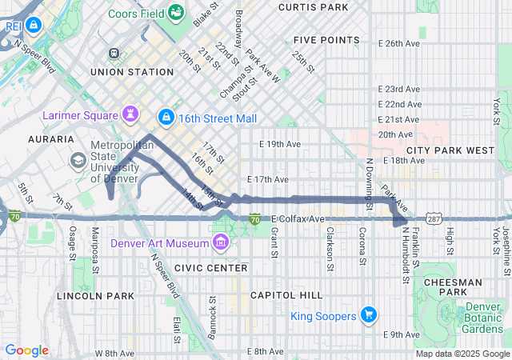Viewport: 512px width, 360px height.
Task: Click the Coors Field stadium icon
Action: tap(177, 14)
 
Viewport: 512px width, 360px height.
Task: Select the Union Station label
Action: tap(132, 72)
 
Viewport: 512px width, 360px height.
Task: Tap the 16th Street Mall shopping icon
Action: tap(166, 118)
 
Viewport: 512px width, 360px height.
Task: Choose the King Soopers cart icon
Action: tap(368, 314)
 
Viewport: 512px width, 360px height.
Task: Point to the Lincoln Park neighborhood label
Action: tap(95, 296)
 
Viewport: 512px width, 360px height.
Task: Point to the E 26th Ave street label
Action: tap(403, 43)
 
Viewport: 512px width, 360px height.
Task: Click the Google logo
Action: tap(26, 350)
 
